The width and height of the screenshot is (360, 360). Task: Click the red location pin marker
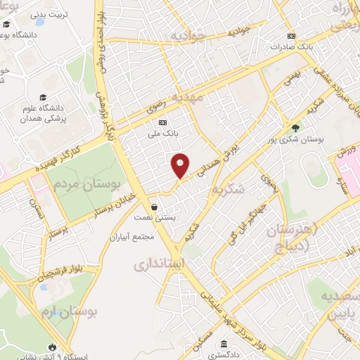coord(181,165)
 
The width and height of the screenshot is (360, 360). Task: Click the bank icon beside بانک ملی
coord(163,122)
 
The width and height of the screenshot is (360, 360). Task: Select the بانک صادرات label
coord(290,47)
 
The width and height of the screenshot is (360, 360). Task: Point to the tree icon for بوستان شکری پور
coord(296,128)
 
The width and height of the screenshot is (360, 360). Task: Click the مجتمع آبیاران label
coord(132,237)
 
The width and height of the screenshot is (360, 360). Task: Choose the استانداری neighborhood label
coord(159,266)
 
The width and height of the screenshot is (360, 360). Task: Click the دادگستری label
coord(223,355)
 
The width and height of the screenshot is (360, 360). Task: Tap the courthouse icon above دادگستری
coord(224,344)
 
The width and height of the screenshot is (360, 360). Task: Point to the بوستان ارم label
coord(69,310)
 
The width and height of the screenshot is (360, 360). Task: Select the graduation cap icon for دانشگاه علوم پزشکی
coord(44,98)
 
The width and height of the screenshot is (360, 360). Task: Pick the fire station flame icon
coord(53,347)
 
